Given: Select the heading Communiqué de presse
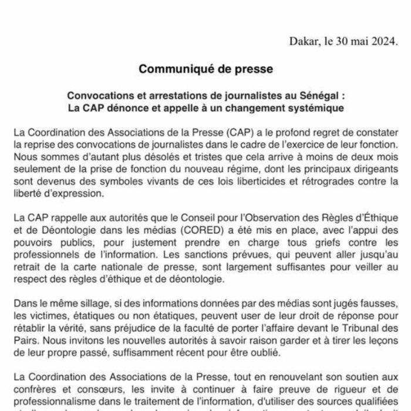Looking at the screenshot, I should pyautogui.click(x=206, y=69).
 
